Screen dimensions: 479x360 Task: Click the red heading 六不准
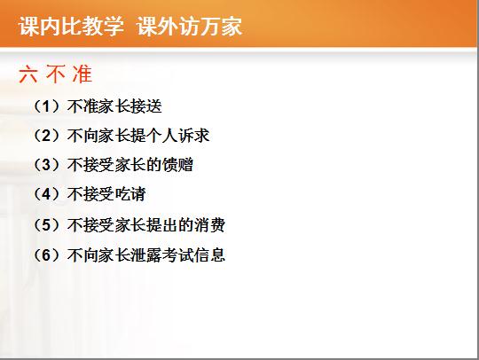tap(55, 74)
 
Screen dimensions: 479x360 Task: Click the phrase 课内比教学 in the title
tap(72, 26)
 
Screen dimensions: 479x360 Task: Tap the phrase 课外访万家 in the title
tap(190, 26)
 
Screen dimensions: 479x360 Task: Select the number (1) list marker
tap(46, 106)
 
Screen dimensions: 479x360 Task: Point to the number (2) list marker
tap(46, 136)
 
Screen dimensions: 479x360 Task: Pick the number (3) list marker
tap(46, 165)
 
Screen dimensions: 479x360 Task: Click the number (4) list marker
tap(46, 194)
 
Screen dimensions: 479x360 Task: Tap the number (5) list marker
tap(46, 225)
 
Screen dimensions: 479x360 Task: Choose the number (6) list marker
tap(46, 255)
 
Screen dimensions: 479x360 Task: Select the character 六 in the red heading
tap(28, 74)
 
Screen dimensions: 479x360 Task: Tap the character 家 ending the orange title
tap(232, 26)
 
